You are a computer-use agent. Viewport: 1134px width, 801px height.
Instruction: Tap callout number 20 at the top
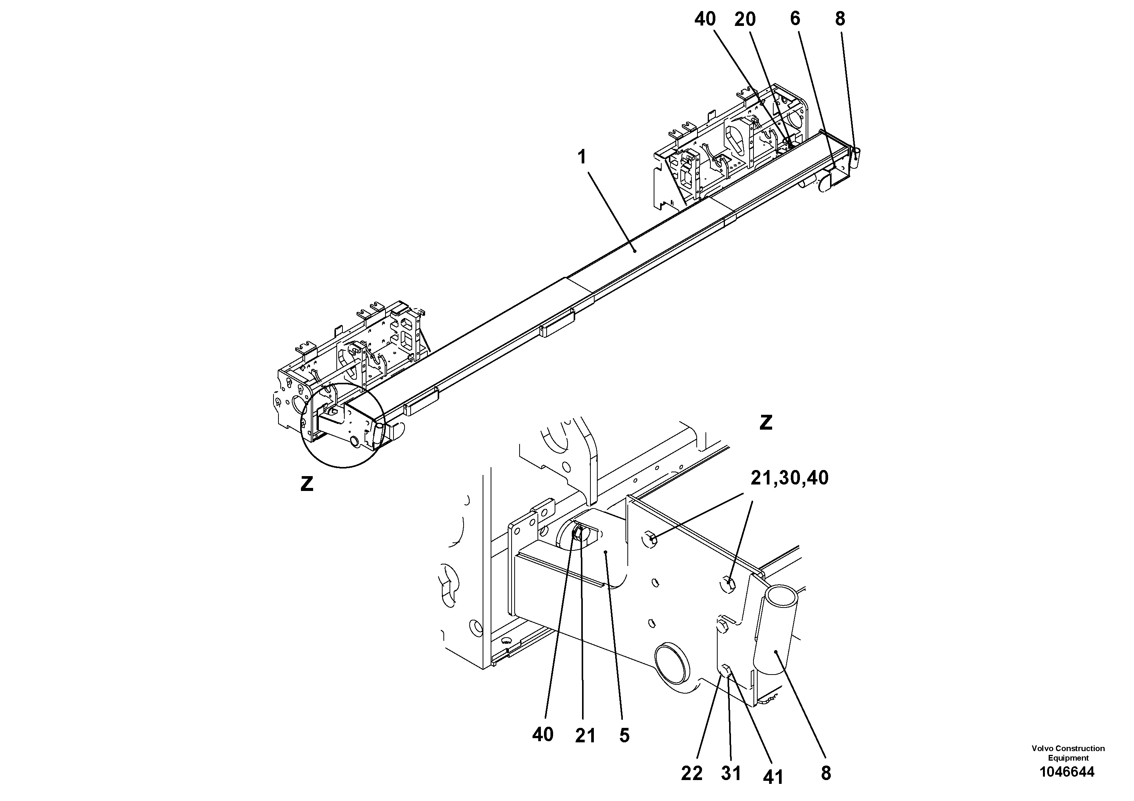click(x=745, y=20)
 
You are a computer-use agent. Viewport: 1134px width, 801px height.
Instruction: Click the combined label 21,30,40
click(x=789, y=478)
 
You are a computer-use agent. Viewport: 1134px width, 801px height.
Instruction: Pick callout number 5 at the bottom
click(x=624, y=736)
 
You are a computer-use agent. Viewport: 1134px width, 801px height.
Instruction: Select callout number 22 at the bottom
click(x=691, y=773)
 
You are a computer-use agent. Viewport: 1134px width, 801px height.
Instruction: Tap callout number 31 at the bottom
click(x=731, y=773)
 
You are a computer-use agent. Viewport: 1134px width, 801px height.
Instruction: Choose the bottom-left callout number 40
click(x=543, y=735)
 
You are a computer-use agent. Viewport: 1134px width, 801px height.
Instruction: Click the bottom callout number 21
click(x=585, y=736)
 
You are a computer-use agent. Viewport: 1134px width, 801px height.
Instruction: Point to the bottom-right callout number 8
click(x=826, y=773)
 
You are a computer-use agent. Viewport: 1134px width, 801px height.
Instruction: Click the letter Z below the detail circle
click(x=307, y=484)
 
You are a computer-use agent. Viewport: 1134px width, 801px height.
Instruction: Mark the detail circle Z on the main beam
click(x=343, y=426)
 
